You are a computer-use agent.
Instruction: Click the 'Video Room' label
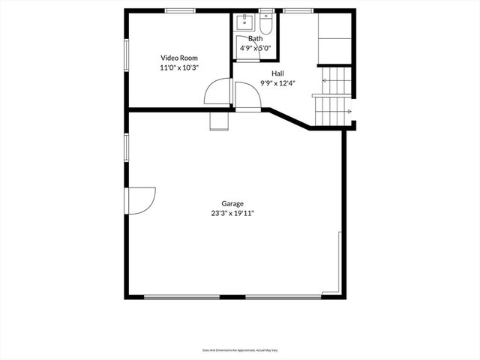coord(178,57)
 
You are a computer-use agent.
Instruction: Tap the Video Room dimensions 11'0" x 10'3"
coord(178,67)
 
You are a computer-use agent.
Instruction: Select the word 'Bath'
coord(255,38)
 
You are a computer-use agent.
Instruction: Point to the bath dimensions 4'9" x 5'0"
coord(255,48)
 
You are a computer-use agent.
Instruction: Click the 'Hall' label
coord(277,73)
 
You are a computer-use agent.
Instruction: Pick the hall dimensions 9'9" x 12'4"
coord(277,82)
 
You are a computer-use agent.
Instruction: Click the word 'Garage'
coord(232,203)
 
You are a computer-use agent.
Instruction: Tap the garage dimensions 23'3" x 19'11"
coord(232,214)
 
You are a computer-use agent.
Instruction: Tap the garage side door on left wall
coord(140,200)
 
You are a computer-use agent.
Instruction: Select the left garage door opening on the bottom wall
coord(181,297)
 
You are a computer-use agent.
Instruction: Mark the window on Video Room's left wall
coord(126,57)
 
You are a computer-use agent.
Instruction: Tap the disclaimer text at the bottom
coord(239,349)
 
